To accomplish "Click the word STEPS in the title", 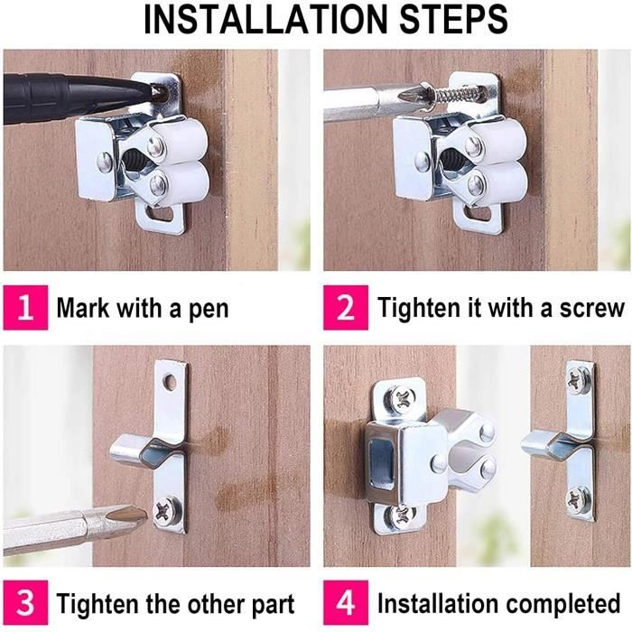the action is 453,20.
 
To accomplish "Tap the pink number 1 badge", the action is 25,308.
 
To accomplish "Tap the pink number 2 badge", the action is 346,308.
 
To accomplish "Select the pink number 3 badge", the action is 25,603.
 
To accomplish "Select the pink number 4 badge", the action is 346,603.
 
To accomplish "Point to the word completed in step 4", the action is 563,604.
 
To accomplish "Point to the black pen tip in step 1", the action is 154,91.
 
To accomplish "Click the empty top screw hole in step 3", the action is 170,381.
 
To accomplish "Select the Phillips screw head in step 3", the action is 167,511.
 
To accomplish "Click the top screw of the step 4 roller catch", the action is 402,398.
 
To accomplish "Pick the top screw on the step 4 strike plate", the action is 579,379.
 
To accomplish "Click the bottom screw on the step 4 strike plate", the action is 579,498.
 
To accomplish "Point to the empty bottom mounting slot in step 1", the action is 160,214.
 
